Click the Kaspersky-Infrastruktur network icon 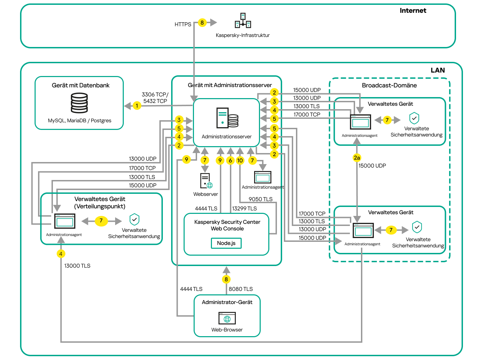[x=243, y=21]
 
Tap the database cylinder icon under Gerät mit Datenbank [x=79, y=103]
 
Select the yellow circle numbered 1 [x=137, y=106]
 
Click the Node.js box [x=226, y=243]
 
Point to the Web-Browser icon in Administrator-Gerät [x=227, y=318]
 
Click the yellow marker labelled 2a [x=357, y=158]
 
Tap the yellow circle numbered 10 [x=240, y=160]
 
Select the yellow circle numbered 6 [x=230, y=160]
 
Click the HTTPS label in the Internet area [x=183, y=25]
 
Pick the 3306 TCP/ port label [x=155, y=95]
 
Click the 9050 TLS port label [x=261, y=199]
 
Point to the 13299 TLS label [x=244, y=209]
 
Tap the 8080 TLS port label [x=241, y=289]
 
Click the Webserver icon [x=206, y=181]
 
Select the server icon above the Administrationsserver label [x=227, y=118]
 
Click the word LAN [x=438, y=70]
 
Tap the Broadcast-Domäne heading [x=389, y=85]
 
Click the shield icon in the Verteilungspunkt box [x=134, y=219]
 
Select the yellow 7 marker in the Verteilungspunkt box [x=101, y=221]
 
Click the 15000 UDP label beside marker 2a [x=372, y=166]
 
